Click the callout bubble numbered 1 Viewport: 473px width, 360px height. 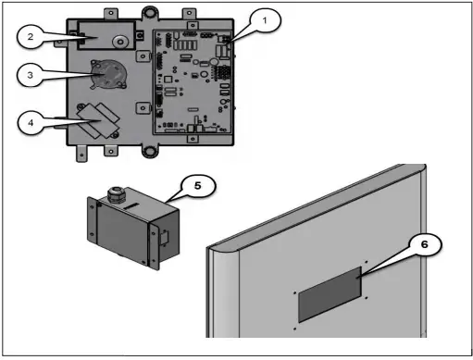point(265,20)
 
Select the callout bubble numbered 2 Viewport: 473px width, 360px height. point(31,37)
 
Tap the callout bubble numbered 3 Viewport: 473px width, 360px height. point(30,75)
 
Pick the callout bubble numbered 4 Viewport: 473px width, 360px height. point(31,123)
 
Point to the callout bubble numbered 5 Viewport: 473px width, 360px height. point(198,186)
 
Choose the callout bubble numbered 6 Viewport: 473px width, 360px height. point(425,244)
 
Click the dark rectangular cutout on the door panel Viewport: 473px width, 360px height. point(330,295)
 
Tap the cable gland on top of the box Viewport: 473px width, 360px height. point(117,194)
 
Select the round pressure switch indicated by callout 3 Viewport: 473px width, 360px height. point(108,74)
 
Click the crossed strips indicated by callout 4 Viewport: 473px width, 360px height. point(98,120)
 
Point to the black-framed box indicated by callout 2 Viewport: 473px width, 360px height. point(106,35)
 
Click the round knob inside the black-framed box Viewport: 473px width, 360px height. point(120,42)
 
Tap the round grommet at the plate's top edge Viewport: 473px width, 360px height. point(150,13)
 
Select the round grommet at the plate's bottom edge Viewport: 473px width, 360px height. point(150,152)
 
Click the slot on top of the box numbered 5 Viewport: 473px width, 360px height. point(132,205)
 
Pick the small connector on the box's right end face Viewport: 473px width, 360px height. point(165,238)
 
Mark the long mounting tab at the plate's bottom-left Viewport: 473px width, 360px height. point(81,153)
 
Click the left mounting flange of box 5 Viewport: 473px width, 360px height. point(92,218)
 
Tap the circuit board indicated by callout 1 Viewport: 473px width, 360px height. point(193,82)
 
